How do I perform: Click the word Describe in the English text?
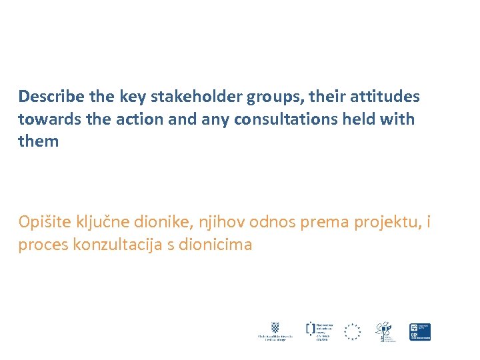pos(51,97)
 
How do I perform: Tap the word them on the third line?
pos(39,142)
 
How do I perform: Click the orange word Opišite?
pos(46,223)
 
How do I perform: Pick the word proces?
pos(44,245)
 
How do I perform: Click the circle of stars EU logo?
pos(352,331)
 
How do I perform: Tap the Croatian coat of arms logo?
pos(275,327)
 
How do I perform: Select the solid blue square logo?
pos(420,331)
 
